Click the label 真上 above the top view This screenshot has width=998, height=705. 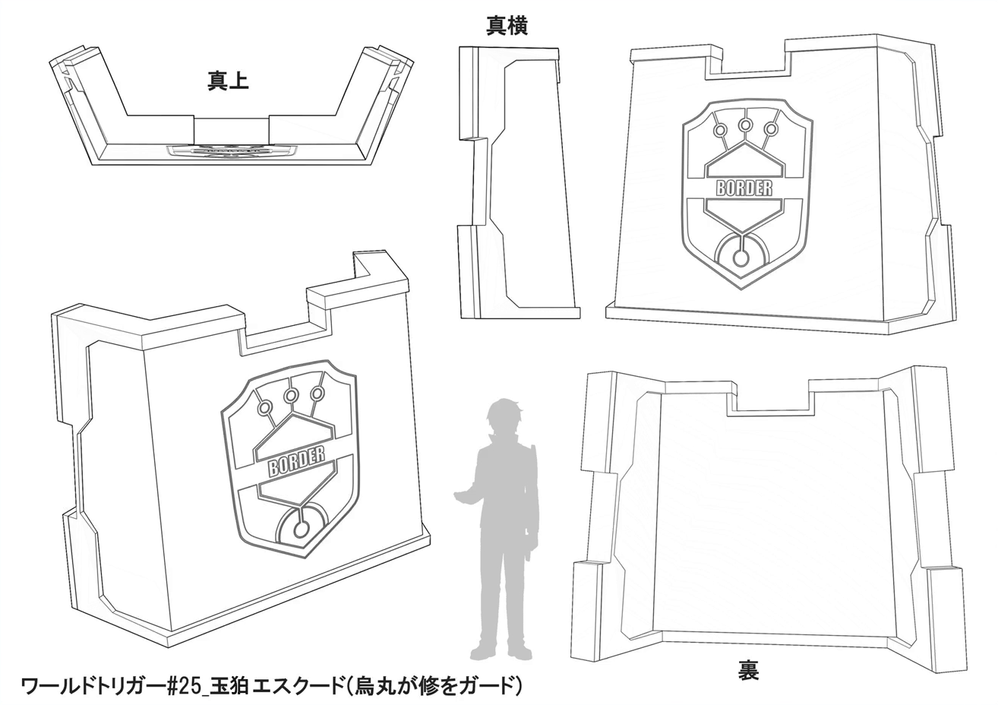228,81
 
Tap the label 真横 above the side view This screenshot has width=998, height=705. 507,26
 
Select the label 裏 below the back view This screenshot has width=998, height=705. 748,671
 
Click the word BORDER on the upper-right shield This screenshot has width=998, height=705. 744,188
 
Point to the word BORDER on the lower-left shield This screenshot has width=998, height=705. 296,460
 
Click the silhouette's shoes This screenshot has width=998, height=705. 501,651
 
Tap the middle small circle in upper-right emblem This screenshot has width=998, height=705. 746,126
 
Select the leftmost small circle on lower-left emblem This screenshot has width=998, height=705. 266,408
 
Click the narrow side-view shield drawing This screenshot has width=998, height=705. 516,182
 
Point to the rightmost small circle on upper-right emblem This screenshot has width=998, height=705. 772,128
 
